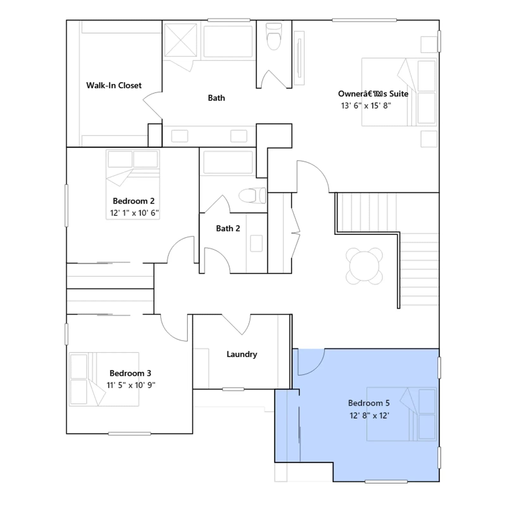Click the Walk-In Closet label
114,85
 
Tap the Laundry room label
242,354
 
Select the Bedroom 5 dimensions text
369,415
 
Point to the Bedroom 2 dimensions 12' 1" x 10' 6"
134,213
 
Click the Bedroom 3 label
130,373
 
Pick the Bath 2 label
228,228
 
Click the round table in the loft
364,266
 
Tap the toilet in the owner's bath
274,36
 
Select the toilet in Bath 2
252,195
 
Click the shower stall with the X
181,40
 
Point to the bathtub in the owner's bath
228,41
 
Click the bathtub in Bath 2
228,162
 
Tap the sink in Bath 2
256,244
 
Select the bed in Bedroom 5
402,414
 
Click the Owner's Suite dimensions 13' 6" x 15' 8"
366,106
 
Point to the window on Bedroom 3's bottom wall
129,434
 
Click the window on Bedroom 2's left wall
66,206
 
